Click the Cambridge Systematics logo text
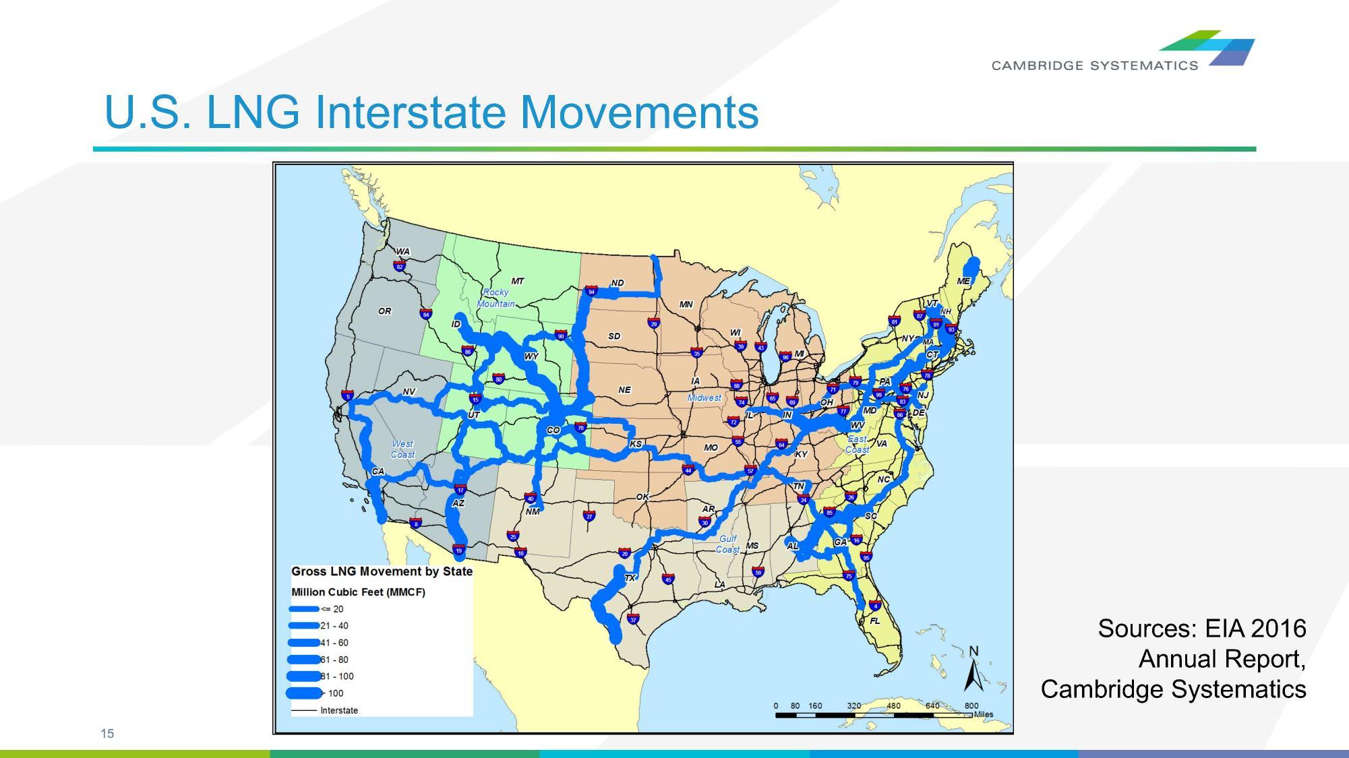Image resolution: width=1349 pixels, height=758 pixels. click(x=1094, y=65)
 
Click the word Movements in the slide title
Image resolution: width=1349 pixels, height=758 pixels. click(x=639, y=112)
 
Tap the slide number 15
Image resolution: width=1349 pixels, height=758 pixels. click(x=107, y=734)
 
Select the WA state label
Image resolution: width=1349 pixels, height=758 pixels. click(x=402, y=252)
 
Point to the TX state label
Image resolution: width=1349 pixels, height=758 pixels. click(x=630, y=578)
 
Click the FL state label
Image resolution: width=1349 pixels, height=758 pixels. click(x=874, y=621)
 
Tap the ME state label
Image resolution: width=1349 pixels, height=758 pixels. click(x=963, y=281)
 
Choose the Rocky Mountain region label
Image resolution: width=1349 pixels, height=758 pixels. click(x=496, y=298)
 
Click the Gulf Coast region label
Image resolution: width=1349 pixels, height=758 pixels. click(x=727, y=544)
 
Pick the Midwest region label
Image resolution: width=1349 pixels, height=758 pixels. click(x=704, y=398)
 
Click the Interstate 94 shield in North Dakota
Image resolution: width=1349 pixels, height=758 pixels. click(x=591, y=292)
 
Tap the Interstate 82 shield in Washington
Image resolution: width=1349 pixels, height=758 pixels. click(x=400, y=266)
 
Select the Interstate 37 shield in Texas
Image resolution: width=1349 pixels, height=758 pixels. click(x=632, y=619)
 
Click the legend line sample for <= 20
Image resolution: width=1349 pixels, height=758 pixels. click(x=303, y=609)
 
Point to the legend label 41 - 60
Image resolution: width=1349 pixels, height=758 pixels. click(x=334, y=643)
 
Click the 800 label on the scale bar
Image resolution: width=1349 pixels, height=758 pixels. click(x=971, y=705)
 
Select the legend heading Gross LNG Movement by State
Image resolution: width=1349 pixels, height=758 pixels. click(x=382, y=571)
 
